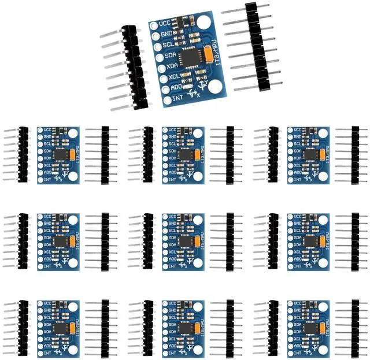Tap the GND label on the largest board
click(x=167, y=35)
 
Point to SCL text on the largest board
click(x=168, y=44)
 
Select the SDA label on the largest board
click(x=170, y=55)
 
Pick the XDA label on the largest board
click(x=172, y=66)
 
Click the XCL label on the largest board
click(x=173, y=76)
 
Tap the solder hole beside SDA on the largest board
click(x=159, y=57)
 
